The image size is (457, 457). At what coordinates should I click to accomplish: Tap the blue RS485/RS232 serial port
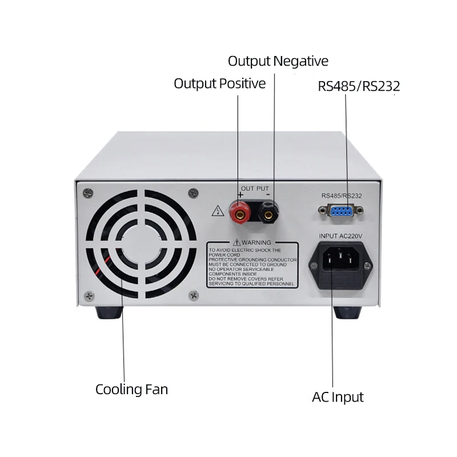[x=342, y=212]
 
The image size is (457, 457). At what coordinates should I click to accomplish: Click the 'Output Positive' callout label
[x=220, y=84]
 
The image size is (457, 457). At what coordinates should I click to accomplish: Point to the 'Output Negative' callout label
[x=278, y=61]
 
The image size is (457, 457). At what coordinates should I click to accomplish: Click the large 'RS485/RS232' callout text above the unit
[x=359, y=87]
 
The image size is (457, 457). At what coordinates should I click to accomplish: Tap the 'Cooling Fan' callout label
[x=131, y=390]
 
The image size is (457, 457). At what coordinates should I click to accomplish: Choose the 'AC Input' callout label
[x=338, y=396]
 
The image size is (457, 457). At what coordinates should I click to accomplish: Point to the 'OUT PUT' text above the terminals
[x=254, y=189]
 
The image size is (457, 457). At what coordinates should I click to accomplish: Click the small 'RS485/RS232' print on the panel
[x=342, y=196]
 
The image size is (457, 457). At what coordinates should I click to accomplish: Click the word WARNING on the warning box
[x=257, y=243]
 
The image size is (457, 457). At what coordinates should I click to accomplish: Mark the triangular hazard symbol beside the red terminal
[x=217, y=211]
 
